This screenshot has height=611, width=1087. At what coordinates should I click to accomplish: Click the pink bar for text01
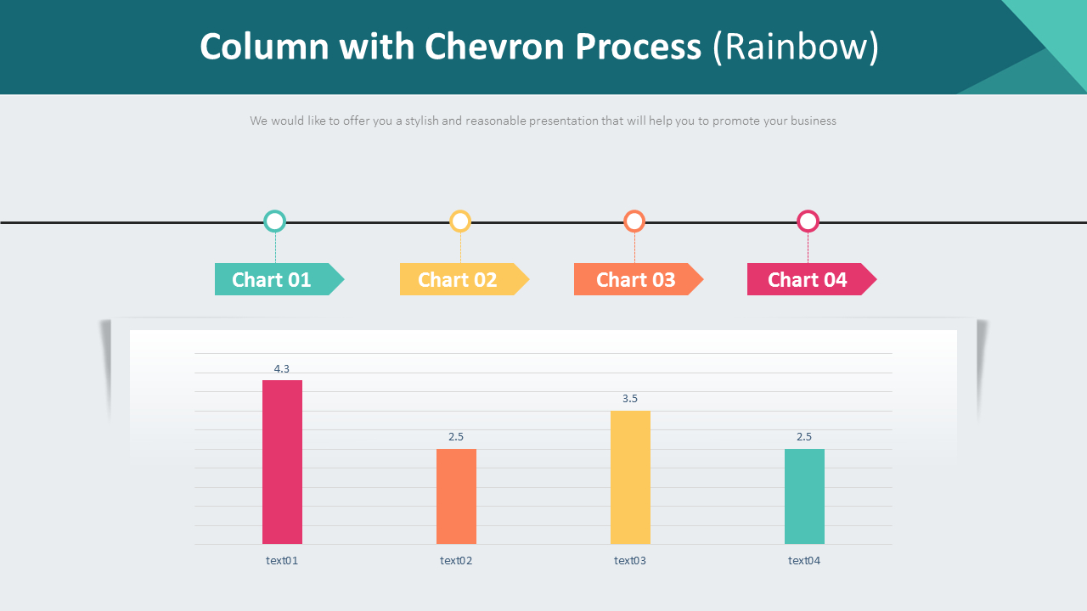click(x=282, y=462)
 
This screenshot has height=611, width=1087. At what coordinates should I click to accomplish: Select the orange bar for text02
click(x=456, y=496)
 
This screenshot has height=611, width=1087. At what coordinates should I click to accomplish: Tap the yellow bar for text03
click(x=630, y=477)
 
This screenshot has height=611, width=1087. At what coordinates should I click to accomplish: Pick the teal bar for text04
click(x=804, y=496)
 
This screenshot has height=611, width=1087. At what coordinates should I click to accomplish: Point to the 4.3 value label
click(x=282, y=369)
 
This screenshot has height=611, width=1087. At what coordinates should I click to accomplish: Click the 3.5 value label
click(x=630, y=399)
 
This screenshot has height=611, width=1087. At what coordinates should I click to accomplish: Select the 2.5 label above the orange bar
click(x=456, y=437)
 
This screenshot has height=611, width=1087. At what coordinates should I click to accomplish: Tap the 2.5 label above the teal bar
click(x=804, y=437)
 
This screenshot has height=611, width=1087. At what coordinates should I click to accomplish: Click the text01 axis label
click(x=282, y=561)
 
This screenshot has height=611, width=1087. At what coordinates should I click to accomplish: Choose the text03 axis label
click(x=630, y=561)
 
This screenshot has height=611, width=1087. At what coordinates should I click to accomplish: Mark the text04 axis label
click(x=804, y=561)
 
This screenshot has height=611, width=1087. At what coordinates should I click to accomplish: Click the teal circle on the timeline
click(x=274, y=221)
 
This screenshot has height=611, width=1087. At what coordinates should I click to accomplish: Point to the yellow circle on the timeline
click(x=460, y=221)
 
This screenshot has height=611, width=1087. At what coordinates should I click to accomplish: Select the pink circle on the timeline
click(x=808, y=221)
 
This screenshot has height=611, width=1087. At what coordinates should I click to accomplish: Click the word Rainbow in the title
click(x=796, y=48)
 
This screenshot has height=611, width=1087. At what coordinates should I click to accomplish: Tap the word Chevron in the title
click(x=494, y=48)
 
